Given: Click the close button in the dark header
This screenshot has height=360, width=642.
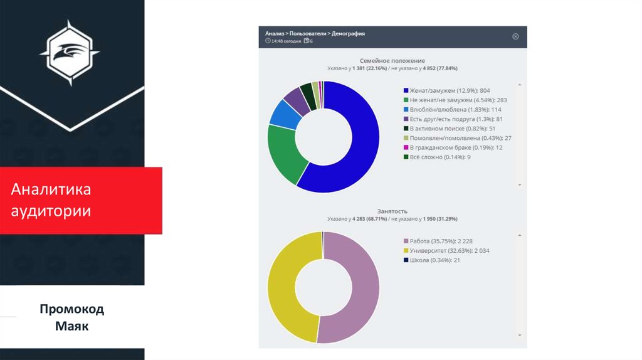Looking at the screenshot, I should (515, 36).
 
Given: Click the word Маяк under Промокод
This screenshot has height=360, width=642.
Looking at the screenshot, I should (71, 326).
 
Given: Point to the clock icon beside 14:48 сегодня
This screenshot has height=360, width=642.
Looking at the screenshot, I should (268, 41).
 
